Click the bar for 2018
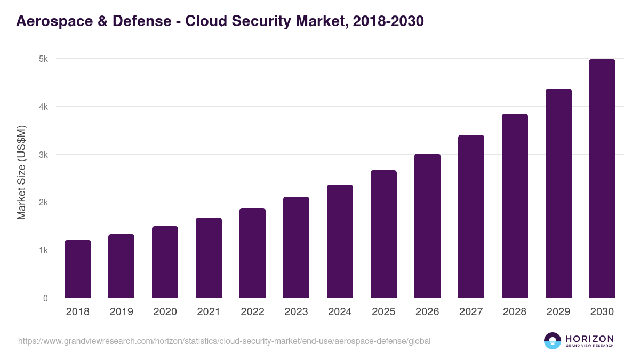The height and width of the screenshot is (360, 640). coord(78,269)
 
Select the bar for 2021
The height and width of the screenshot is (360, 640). coord(209,258)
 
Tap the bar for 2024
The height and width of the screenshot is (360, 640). coord(340,241)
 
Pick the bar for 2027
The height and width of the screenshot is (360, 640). coord(471,216)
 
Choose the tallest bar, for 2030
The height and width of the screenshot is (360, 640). coord(602,178)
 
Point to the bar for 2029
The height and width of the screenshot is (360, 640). coord(558,193)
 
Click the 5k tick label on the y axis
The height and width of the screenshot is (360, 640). coord(43,59)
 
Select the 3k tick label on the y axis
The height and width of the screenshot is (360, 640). coord(43,155)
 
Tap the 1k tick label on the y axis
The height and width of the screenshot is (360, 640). coord(43,250)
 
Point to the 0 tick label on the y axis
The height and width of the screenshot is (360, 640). coord(45,298)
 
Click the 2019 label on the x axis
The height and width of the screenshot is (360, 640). coord(122,312)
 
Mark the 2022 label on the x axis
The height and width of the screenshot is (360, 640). coord(252,312)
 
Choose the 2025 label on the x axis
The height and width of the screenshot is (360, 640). coord(383,312)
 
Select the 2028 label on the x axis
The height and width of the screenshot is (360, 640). coord(515,312)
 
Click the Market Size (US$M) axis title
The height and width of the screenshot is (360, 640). coord(21,173)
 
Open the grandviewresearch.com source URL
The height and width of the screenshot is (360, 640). coord(224,341)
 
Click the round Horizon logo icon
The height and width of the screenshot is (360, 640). coord(553,341)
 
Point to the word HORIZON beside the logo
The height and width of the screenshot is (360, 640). coord(589,338)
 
